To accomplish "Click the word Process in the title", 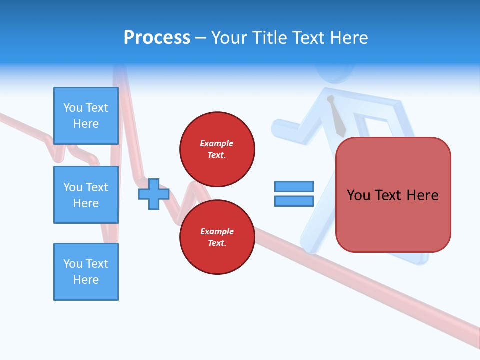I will tap(157, 38).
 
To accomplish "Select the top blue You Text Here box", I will tap(86, 116).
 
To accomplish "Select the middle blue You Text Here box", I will tap(86, 195).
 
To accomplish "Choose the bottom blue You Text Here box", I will tap(86, 272).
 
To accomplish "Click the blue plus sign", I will tap(154, 194).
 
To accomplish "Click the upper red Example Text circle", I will tap(217, 149).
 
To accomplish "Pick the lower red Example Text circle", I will tap(217, 237).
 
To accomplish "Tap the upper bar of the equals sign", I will tap(294, 186).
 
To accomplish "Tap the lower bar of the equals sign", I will tap(294, 201).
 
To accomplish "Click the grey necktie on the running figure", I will tap(337, 117).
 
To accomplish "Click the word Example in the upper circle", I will tap(216, 143).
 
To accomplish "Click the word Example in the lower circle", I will tap(216, 231).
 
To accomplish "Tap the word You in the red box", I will tap(358, 195).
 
